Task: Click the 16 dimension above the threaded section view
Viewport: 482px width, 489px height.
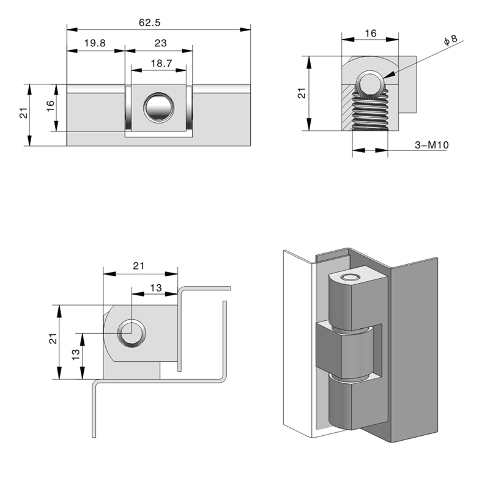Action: click(x=371, y=34)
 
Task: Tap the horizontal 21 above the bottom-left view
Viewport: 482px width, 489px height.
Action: click(x=139, y=265)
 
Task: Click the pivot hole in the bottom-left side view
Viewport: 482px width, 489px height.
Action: click(x=132, y=333)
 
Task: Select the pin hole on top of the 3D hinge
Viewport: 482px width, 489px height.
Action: click(x=350, y=278)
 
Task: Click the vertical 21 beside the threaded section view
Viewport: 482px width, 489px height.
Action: click(x=300, y=93)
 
